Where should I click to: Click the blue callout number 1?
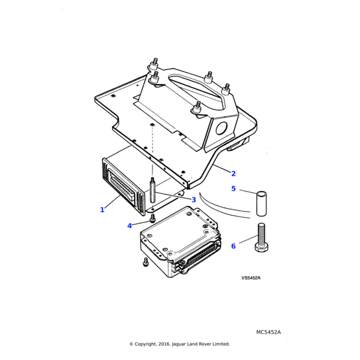(102, 210)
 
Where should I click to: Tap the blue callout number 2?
(233, 174)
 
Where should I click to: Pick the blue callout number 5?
(233, 189)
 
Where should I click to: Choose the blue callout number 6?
(233, 246)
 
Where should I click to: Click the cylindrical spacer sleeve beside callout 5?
(261, 203)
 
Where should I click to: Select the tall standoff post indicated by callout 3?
(154, 193)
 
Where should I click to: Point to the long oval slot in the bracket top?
(186, 90)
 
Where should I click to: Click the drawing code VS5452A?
(251, 278)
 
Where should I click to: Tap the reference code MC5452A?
(268, 332)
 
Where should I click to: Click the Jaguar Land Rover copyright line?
(179, 344)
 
